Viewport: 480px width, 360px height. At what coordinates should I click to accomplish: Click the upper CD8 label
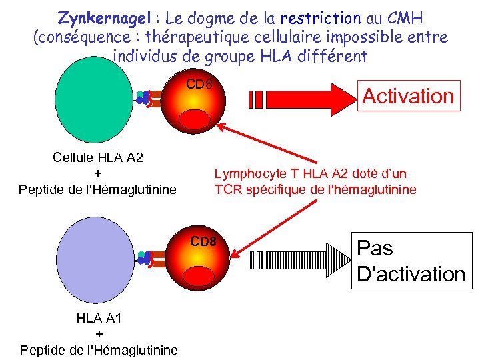coord(199,85)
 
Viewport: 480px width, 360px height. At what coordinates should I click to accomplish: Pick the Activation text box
coord(407,96)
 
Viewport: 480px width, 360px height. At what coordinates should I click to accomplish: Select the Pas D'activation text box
coord(411,261)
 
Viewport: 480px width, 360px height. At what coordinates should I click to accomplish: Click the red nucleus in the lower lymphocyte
coord(198,276)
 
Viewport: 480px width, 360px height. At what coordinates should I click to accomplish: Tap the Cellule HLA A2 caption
coord(98,157)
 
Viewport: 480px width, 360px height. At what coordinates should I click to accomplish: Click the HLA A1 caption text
coord(99,318)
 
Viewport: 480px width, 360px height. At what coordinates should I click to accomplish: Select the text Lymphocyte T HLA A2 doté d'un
coord(310,174)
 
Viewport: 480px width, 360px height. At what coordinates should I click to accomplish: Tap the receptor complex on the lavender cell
coord(148,259)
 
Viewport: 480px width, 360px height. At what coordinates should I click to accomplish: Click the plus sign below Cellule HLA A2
coord(98,173)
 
